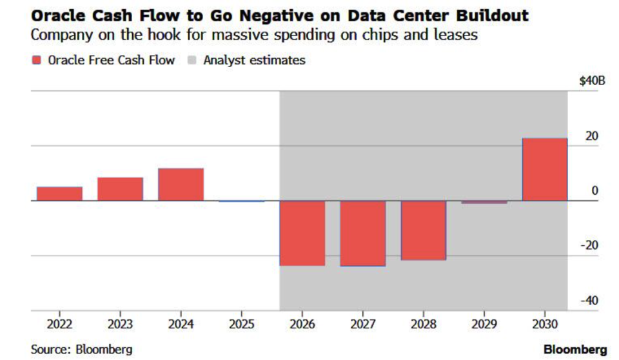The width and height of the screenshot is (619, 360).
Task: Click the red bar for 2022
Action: (x=59, y=194)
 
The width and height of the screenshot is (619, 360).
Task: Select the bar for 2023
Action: (x=120, y=189)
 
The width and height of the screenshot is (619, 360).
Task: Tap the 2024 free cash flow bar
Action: (x=181, y=185)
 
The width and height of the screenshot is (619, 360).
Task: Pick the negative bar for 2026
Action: (x=302, y=233)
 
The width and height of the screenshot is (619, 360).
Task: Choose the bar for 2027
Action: (x=363, y=234)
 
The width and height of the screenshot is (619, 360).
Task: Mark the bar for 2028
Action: (x=424, y=230)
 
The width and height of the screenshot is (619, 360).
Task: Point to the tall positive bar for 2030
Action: (x=545, y=170)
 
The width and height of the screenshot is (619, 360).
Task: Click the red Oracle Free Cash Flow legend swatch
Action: (x=36, y=61)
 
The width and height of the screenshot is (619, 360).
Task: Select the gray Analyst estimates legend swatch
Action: (x=192, y=61)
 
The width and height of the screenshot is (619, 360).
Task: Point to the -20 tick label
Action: (x=589, y=246)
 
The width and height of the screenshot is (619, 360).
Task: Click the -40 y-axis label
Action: (x=589, y=301)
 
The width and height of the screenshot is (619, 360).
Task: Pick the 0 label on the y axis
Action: (x=594, y=191)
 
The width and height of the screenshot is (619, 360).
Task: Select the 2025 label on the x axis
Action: (x=241, y=323)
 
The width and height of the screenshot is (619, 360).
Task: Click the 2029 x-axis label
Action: (x=484, y=323)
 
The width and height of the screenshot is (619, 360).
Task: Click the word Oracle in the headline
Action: (x=58, y=14)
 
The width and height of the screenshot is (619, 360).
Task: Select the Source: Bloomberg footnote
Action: (x=82, y=349)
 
